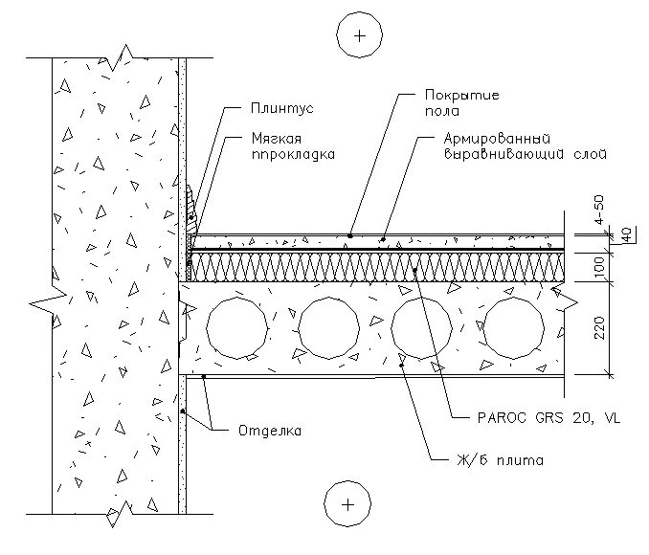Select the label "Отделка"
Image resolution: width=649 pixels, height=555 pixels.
point(269,431)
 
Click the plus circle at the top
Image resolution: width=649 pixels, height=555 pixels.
point(359,36)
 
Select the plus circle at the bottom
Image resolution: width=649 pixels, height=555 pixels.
point(347,503)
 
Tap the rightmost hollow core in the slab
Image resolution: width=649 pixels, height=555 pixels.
point(513,327)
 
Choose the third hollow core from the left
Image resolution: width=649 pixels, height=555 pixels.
point(421,327)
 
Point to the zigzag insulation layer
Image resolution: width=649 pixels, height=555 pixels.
point(383,267)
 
